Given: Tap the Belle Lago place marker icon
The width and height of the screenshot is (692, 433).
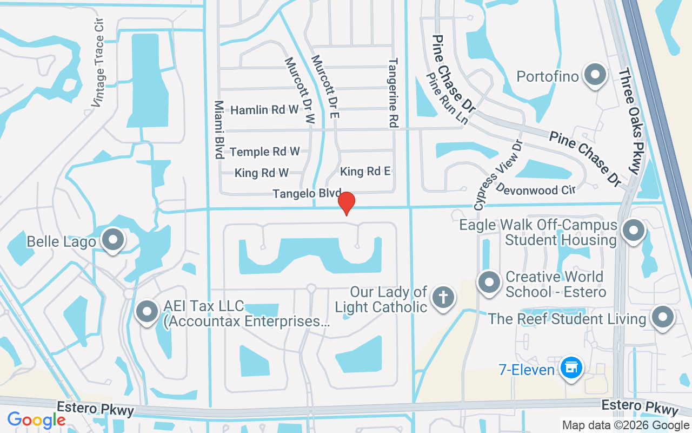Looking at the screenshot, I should (113, 240).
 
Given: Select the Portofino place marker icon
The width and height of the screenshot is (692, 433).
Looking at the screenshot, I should (595, 75).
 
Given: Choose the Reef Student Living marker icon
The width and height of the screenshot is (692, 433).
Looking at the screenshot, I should (662, 317).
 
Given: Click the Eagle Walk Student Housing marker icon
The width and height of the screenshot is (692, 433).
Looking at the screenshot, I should (633, 231).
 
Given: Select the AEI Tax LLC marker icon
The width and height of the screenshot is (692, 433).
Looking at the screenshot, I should (147, 312).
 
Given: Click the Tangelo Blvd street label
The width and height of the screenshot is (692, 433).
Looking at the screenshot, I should (307, 193).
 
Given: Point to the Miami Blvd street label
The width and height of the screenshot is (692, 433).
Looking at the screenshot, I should (219, 129).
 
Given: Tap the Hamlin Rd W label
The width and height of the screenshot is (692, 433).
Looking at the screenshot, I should (264, 110).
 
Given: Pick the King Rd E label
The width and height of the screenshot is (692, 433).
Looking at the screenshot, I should (365, 172).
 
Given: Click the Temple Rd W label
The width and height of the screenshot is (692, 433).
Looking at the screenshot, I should (264, 152).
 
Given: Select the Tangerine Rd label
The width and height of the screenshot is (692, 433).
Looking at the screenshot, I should (393, 93).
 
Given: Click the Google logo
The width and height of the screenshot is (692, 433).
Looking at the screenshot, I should (36, 419).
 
